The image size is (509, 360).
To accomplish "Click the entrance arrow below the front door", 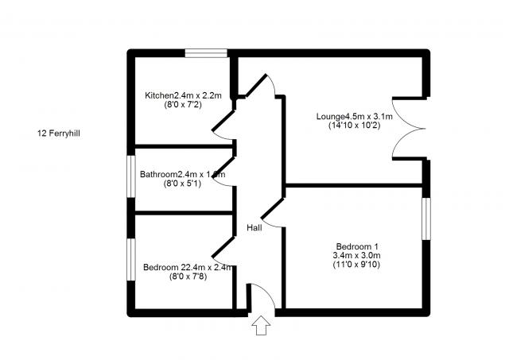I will (x=261, y=326).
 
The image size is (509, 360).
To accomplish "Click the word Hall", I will (x=254, y=228).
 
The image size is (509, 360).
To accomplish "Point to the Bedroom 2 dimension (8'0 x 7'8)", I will (x=187, y=277).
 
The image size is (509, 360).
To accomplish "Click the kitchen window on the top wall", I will (x=207, y=53).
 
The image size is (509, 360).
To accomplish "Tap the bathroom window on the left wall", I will (x=132, y=174).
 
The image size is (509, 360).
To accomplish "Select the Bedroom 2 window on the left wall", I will (x=132, y=257).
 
